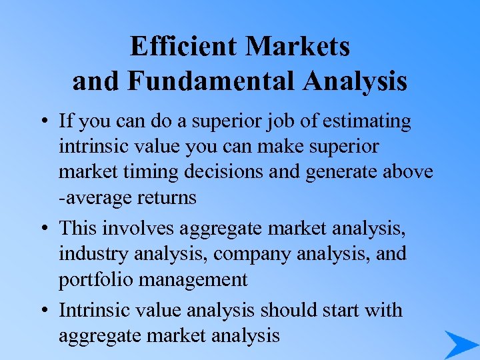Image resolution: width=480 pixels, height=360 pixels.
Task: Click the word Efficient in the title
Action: (184, 47)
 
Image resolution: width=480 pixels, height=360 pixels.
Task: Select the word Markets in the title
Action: (297, 47)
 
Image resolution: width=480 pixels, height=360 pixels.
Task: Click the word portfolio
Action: (93, 279)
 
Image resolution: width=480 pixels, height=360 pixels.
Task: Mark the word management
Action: (190, 279)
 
